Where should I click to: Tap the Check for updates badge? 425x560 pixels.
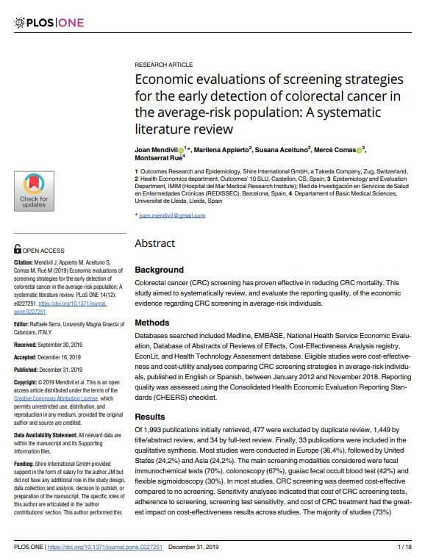[34, 190]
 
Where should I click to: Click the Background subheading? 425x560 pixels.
[159, 270]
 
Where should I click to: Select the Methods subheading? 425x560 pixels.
[152, 323]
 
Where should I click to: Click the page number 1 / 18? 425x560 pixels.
[402, 548]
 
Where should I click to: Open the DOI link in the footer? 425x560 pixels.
[110, 548]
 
